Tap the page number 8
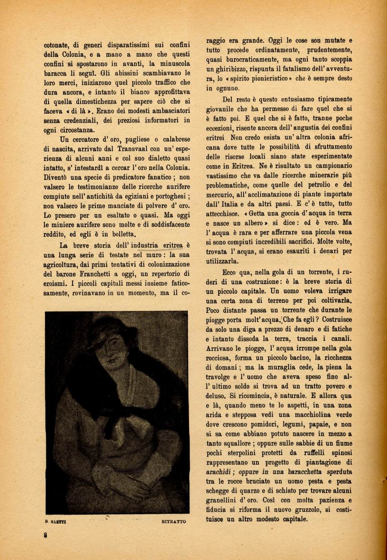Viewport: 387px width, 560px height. coord(45,536)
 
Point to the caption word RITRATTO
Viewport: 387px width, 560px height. coord(173,522)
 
